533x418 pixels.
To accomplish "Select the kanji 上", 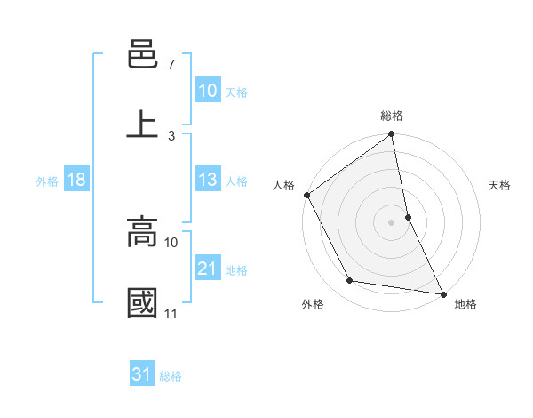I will pos(142,123).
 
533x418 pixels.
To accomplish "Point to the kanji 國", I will pos(142,301).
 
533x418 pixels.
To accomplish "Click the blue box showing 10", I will pos(207,91).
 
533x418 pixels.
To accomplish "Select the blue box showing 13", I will pos(207,180).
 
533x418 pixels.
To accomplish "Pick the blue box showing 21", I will pos(207,269).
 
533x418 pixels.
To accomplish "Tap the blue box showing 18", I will pos(76,180).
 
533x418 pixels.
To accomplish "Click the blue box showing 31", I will pos(141,374).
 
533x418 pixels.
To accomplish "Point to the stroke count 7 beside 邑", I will pos(171,65).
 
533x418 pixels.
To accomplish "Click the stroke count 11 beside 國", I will pos(171,313).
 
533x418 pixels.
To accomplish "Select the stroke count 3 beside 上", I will pos(171,135).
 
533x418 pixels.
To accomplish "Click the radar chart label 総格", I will pos(392,116).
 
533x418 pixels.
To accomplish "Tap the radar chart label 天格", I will pos(500,185).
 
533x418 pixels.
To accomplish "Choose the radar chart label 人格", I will pos(283,185).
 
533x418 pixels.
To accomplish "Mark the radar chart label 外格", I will pos(313,304).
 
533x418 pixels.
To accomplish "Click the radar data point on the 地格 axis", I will pos(442,293).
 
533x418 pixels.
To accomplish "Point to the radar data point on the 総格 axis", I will pos(392,135).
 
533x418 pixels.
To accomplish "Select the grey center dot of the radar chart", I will pos(392,221).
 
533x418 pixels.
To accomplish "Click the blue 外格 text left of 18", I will pos(47,181).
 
